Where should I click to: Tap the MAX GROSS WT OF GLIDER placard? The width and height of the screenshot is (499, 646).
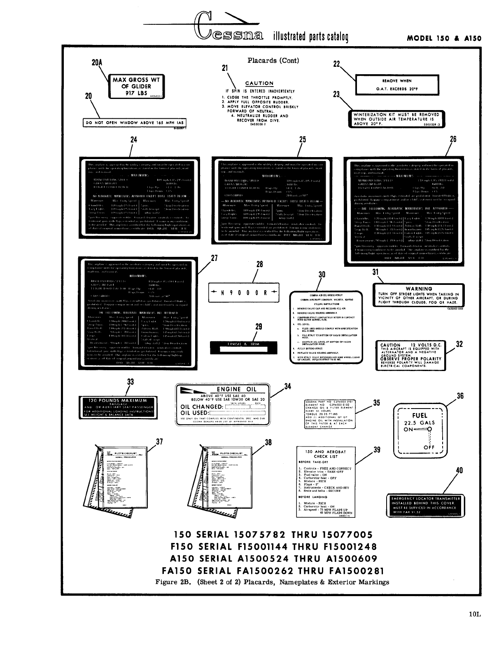coord(136,87)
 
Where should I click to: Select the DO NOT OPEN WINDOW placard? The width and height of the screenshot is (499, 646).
coord(135,122)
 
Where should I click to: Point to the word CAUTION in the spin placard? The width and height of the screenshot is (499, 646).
coord(259,83)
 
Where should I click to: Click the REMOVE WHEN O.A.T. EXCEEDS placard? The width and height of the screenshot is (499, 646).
coord(397,85)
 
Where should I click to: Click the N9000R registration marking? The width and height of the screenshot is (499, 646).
coord(244,293)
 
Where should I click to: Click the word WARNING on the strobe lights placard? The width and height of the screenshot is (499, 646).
coord(419,289)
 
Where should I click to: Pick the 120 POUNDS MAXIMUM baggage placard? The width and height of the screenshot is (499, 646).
coord(118,407)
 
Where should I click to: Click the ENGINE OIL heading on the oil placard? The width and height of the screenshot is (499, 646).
coord(233,389)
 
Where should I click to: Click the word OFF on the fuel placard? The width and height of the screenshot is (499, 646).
coord(429,448)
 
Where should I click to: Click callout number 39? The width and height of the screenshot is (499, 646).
coord(376,450)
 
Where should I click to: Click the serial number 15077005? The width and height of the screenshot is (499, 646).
coord(347,535)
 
